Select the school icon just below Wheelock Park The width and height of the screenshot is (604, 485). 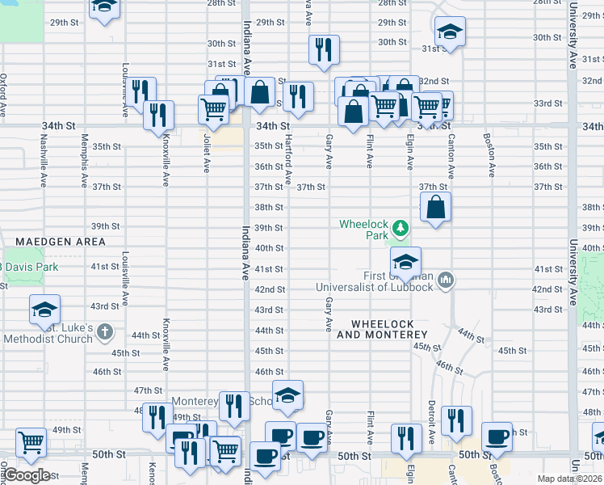pos(405,260)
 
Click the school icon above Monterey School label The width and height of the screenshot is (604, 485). pos(287,395)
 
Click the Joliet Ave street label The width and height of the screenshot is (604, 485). pos(207,154)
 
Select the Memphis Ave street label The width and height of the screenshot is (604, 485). pos(83,162)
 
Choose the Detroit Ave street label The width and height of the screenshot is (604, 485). pos(433,418)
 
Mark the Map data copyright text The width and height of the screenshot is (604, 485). pos(570,479)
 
